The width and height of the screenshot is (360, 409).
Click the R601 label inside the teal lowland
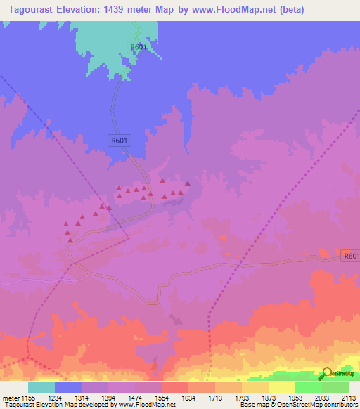click(x=138, y=46)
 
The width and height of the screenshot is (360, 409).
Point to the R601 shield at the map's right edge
click(x=351, y=257)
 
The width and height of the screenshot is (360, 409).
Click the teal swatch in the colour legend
click(x=41, y=387)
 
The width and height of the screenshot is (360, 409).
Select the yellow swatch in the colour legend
click(x=282, y=387)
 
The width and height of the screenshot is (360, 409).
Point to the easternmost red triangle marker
click(x=188, y=184)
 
